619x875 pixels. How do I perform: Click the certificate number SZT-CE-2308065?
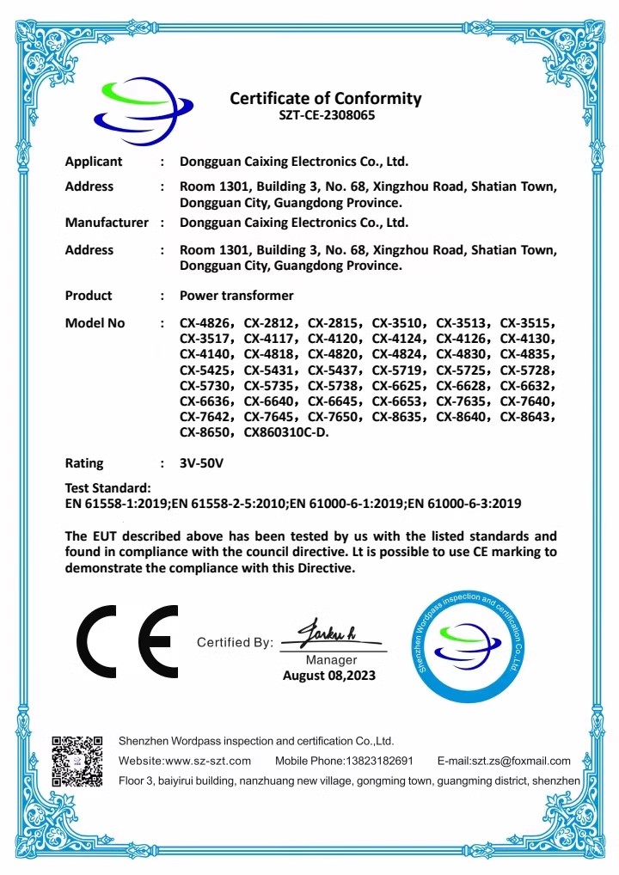(326, 114)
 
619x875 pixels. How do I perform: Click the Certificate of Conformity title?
(326, 98)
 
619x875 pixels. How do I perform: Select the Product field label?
(89, 296)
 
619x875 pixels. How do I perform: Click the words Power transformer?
(236, 296)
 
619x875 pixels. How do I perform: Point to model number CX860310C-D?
(286, 433)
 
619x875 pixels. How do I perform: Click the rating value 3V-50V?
(201, 462)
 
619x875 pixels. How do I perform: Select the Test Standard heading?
(108, 488)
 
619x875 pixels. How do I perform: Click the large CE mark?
(127, 640)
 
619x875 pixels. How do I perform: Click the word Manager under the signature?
(331, 660)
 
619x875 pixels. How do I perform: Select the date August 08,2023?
(329, 676)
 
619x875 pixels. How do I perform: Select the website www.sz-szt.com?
(208, 761)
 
